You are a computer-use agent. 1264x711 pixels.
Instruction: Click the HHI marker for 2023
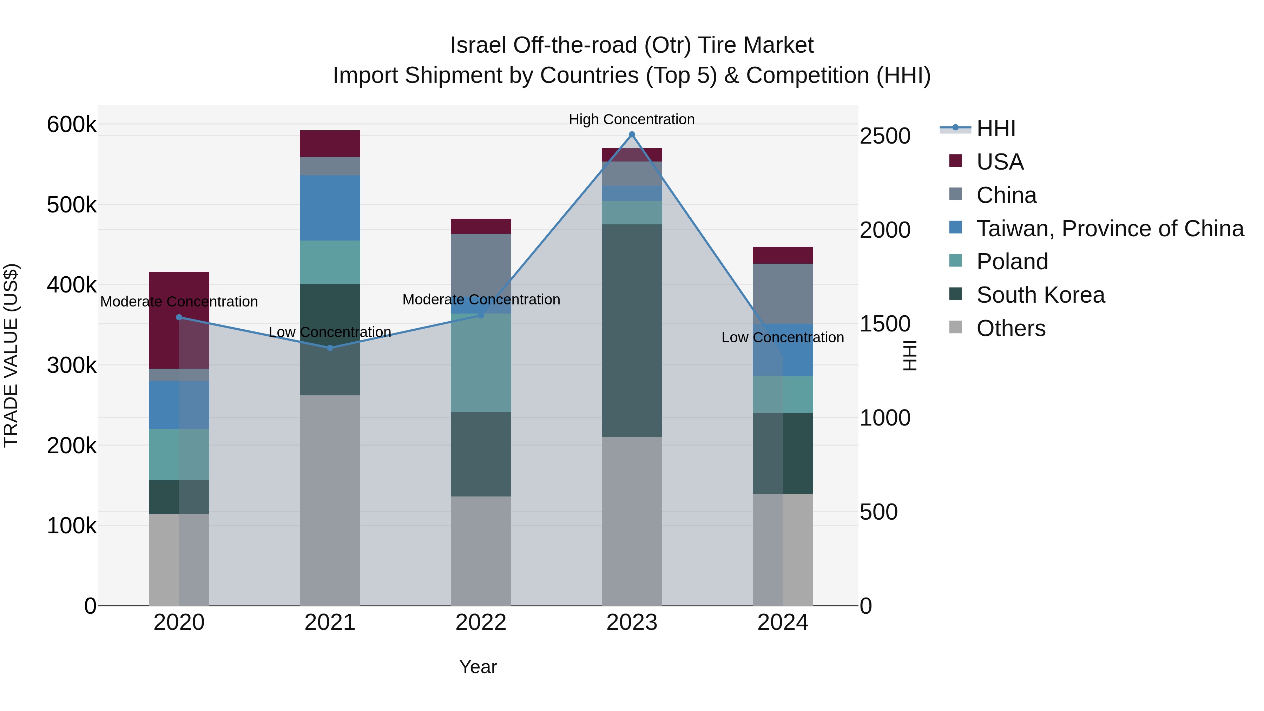[632, 134]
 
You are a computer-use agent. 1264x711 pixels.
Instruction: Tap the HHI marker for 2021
[330, 348]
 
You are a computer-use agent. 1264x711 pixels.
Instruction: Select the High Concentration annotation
[632, 119]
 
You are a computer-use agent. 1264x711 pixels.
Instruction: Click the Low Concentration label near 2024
[782, 337]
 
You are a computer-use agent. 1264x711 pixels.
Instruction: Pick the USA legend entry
[1000, 162]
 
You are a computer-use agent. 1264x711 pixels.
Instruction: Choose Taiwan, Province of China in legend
[1110, 229]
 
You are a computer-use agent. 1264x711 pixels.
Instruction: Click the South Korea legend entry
[1040, 295]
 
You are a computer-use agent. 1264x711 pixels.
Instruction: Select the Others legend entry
[1011, 328]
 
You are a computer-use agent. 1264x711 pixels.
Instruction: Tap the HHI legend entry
[996, 129]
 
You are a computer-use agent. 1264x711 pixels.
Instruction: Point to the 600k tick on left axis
[72, 125]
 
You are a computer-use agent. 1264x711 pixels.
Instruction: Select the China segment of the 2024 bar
[783, 294]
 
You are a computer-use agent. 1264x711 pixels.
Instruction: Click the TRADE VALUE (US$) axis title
[11, 355]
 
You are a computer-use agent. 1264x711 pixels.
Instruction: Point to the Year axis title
[478, 667]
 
